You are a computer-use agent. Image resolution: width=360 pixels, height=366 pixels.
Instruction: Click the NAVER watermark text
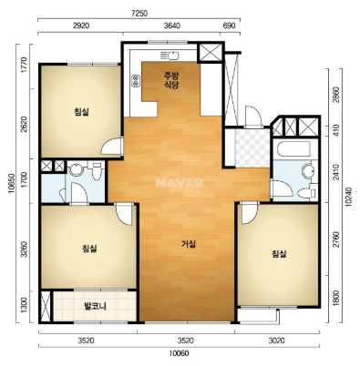179,182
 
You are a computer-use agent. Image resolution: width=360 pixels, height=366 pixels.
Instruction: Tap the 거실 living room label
189,244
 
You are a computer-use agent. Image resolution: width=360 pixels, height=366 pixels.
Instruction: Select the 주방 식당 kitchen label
170,80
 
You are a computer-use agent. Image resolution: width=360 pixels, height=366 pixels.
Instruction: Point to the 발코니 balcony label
95,306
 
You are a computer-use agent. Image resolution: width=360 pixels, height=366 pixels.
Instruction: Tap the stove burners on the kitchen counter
135,80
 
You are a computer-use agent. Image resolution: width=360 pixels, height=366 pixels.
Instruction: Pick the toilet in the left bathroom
97,172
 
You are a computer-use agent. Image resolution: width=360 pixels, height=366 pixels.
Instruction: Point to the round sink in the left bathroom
75,169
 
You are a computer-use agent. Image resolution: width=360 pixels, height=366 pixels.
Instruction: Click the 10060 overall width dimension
180,353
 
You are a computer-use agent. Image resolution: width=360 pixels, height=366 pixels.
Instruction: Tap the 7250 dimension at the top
139,14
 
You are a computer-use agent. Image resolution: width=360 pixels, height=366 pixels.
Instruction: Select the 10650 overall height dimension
12,183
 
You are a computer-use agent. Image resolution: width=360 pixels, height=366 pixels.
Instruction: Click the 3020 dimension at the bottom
276,341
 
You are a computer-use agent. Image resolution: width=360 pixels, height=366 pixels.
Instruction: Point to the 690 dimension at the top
230,25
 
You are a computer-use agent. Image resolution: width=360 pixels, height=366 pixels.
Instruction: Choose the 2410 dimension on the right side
336,172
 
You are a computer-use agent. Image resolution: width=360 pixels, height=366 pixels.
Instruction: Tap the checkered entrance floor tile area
252,147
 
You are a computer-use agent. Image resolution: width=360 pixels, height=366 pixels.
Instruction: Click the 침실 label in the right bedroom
279,254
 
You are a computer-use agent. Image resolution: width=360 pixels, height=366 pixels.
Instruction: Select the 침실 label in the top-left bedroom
81,112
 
